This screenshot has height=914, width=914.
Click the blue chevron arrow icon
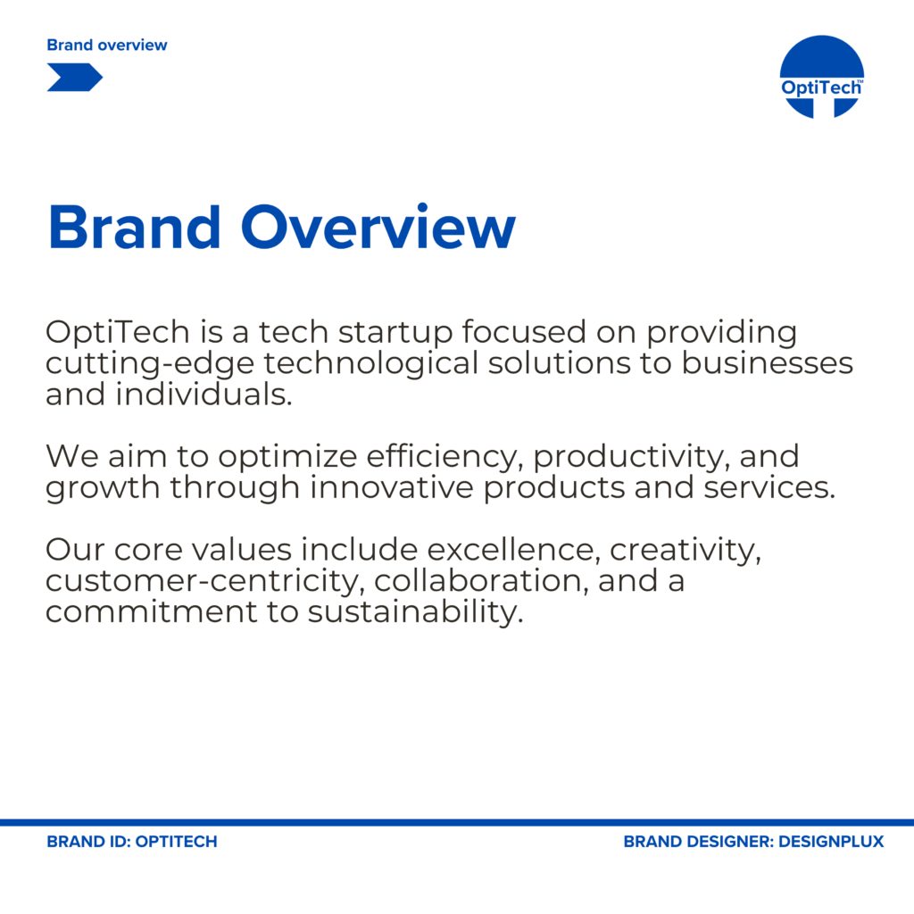(75, 78)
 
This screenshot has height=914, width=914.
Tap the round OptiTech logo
(822, 77)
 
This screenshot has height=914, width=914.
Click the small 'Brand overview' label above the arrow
(107, 45)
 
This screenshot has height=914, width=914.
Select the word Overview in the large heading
(378, 228)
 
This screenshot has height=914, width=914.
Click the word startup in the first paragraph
(395, 333)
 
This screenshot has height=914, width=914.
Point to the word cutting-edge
(150, 364)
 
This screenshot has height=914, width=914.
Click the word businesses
(767, 362)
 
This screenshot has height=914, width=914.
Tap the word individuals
(204, 394)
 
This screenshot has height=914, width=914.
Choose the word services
(769, 488)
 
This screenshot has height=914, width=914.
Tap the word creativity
(685, 551)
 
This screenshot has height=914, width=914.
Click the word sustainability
(416, 612)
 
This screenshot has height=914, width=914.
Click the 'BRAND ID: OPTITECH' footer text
(132, 842)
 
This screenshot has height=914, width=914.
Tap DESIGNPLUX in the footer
(831, 842)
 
